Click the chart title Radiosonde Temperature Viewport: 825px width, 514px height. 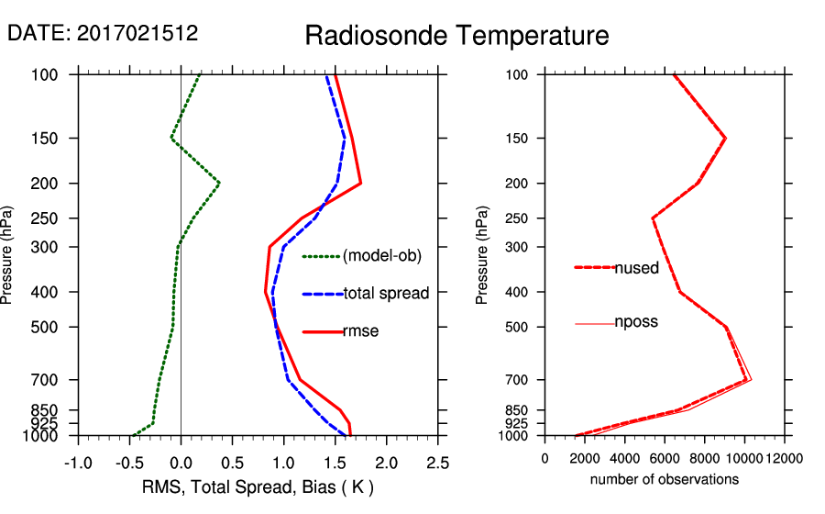point(456,36)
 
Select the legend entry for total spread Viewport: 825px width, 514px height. point(386,294)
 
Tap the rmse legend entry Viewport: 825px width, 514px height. point(360,331)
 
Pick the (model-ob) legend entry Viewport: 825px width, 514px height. point(381,256)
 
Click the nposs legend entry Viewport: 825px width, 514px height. point(636,322)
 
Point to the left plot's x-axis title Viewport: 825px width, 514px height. point(258,486)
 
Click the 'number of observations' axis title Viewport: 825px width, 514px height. point(664,479)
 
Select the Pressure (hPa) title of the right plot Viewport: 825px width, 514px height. point(482,256)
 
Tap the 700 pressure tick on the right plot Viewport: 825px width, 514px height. point(519,379)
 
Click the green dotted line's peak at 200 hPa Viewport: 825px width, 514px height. point(219,184)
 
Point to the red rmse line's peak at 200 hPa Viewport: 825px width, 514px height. point(360,184)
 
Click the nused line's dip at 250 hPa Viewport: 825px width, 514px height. point(653,218)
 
